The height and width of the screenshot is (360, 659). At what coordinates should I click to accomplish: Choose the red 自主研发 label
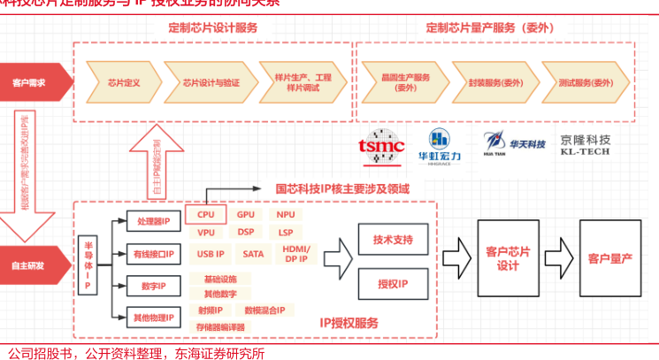[x=30, y=264]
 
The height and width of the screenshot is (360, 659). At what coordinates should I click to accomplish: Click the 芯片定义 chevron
[x=124, y=82]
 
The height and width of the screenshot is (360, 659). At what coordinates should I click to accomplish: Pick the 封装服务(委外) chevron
[x=489, y=82]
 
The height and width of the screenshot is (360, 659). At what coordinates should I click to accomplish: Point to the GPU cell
[x=246, y=215]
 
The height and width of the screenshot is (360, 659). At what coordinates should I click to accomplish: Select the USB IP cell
[x=210, y=255]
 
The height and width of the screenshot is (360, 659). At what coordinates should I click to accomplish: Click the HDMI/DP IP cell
[x=295, y=255]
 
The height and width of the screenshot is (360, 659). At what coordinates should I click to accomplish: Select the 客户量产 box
[x=610, y=258]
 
